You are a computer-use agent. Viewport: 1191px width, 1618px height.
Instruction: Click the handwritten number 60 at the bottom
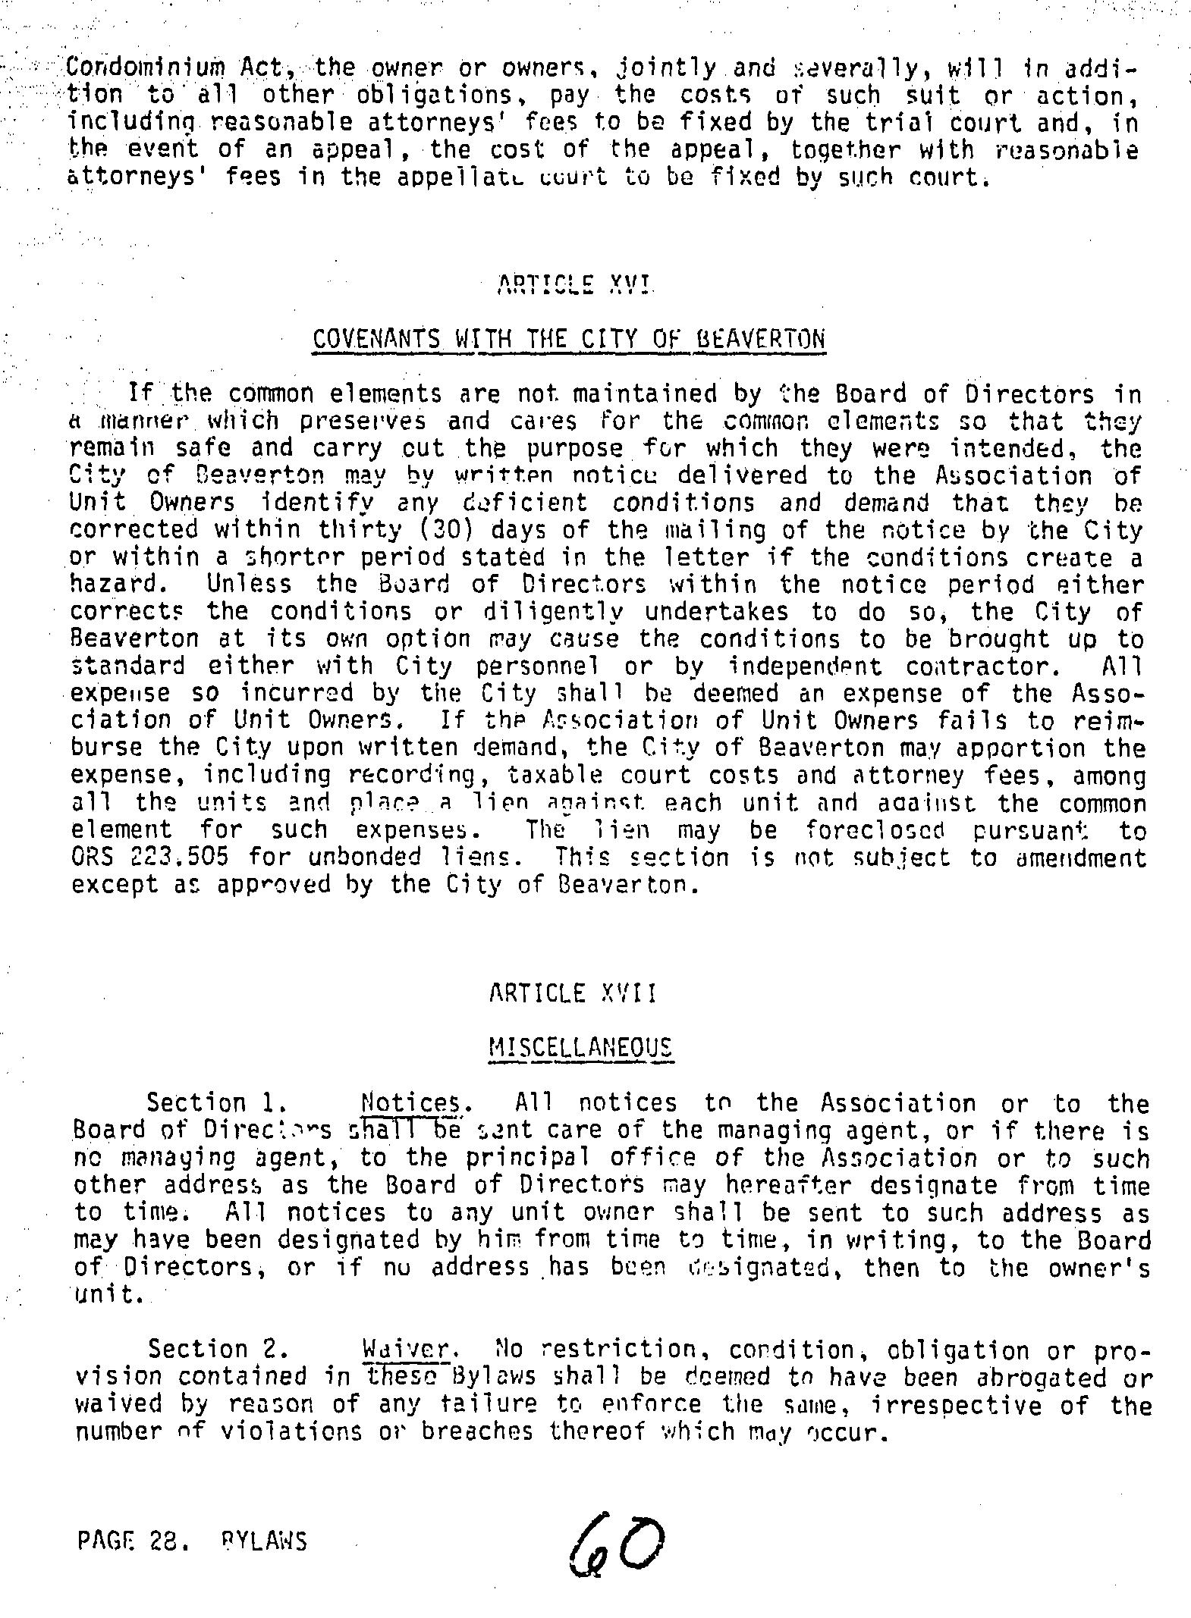[615, 1543]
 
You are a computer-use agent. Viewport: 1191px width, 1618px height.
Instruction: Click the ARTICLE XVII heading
[573, 992]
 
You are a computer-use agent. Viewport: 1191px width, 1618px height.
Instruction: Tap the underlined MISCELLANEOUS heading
[580, 1048]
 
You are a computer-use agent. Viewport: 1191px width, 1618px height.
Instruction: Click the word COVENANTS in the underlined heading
[376, 338]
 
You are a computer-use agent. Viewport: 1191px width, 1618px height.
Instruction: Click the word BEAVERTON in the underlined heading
[759, 338]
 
